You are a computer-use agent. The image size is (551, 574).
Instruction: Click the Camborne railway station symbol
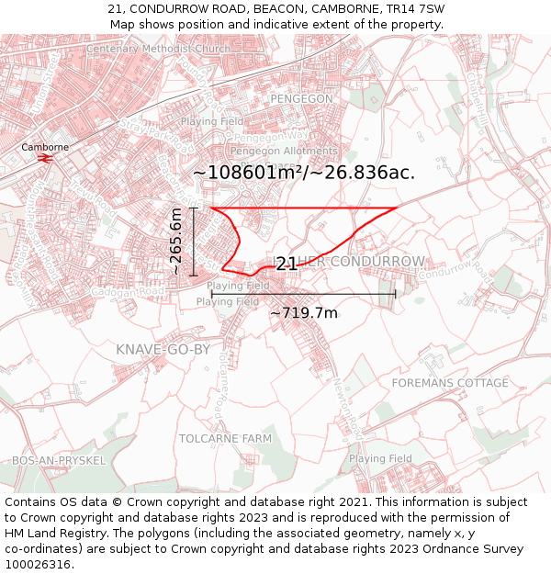[x=45, y=158]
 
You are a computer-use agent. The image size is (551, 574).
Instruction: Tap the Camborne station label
[x=45, y=147]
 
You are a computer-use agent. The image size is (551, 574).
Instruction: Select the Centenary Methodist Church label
[x=158, y=49]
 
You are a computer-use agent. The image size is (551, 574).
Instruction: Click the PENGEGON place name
[x=302, y=98]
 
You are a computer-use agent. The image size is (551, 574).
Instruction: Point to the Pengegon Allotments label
[x=284, y=152]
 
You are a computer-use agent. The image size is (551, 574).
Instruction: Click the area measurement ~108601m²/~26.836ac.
[x=304, y=173]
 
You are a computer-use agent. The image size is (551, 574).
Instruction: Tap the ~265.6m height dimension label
[x=176, y=242]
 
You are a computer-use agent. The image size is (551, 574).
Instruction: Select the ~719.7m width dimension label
[x=303, y=313]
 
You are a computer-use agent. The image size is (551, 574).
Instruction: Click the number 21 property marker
[x=287, y=264]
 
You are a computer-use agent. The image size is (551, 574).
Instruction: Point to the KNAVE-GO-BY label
[x=163, y=350]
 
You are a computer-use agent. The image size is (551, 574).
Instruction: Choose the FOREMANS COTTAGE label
[x=450, y=382]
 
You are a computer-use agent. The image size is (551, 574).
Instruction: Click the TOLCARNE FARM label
[x=225, y=438]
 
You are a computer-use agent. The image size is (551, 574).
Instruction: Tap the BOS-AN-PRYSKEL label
[x=59, y=460]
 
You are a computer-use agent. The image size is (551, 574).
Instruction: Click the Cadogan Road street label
[x=134, y=291]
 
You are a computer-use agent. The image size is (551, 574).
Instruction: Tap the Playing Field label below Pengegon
[x=212, y=121]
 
